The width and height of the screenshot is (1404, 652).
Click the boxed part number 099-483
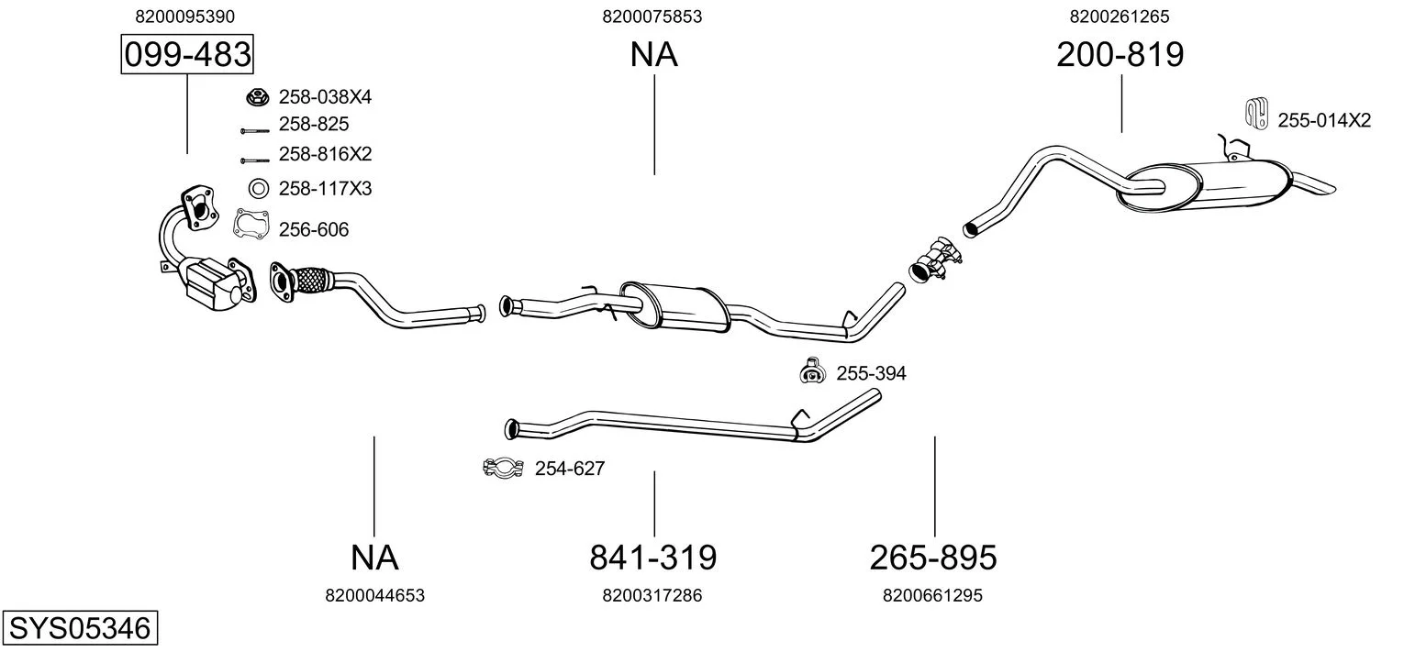pos(187,54)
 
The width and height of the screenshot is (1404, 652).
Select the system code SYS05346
pos(80,628)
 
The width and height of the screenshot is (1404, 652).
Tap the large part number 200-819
pos(1120,54)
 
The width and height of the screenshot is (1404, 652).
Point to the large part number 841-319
pos(653,558)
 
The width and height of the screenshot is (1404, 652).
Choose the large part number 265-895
pos(933,558)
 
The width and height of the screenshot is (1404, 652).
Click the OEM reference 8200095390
pos(184,17)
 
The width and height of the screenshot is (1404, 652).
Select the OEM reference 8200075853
pos(652,17)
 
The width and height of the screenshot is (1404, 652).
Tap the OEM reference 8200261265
pos(1120,17)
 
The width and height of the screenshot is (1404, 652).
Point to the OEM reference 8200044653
pos(374,595)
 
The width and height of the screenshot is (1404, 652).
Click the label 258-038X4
pos(325,97)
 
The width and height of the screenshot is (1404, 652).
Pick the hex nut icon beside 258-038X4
pos(257,97)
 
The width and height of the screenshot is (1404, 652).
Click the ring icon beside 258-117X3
pos(258,188)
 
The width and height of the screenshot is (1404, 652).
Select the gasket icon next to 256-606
pos(251,225)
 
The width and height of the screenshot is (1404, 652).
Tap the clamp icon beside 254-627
pos(503,468)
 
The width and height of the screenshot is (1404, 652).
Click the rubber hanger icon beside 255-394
pos(812,370)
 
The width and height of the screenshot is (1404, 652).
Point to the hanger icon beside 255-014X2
pos(1256,114)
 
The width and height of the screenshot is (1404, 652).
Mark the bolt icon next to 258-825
pos(254,131)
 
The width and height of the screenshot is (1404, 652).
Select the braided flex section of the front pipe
pos(312,280)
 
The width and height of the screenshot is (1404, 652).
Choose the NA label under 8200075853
pos(653,54)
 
